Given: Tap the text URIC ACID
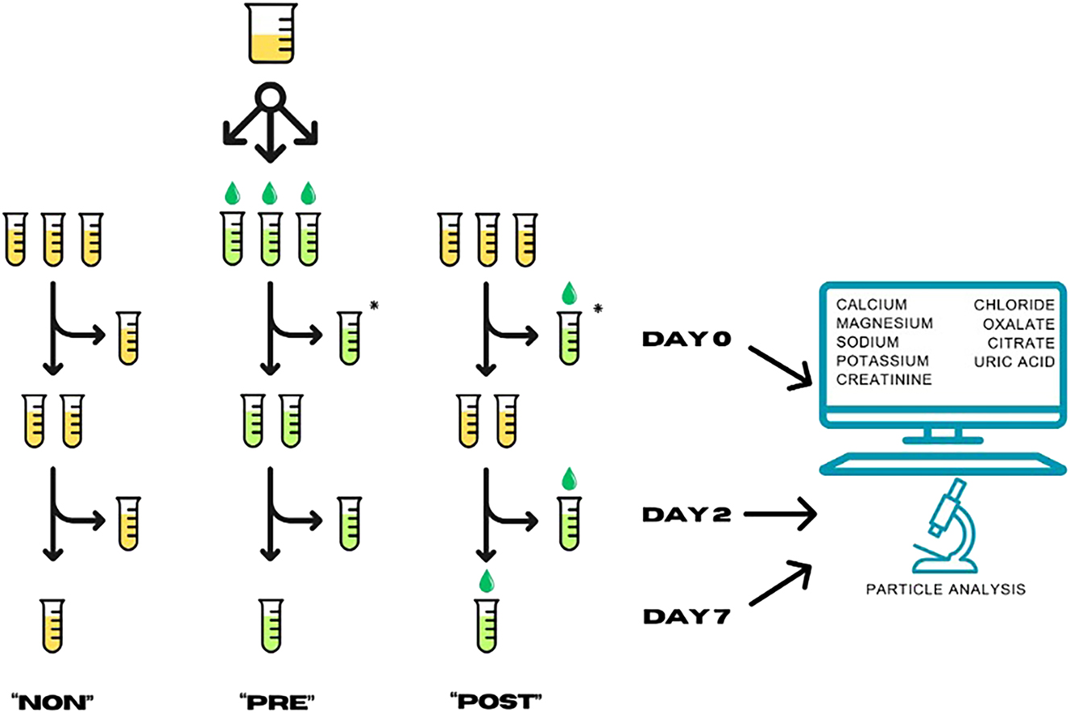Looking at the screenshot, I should [x=1013, y=361].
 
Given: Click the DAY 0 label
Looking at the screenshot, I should [x=686, y=340].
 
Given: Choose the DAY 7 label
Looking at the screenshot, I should [x=686, y=617].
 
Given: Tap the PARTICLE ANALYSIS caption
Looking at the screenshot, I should [x=945, y=589].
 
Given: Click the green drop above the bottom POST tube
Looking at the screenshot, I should [x=485, y=580].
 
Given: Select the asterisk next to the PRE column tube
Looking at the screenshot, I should [x=373, y=305].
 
